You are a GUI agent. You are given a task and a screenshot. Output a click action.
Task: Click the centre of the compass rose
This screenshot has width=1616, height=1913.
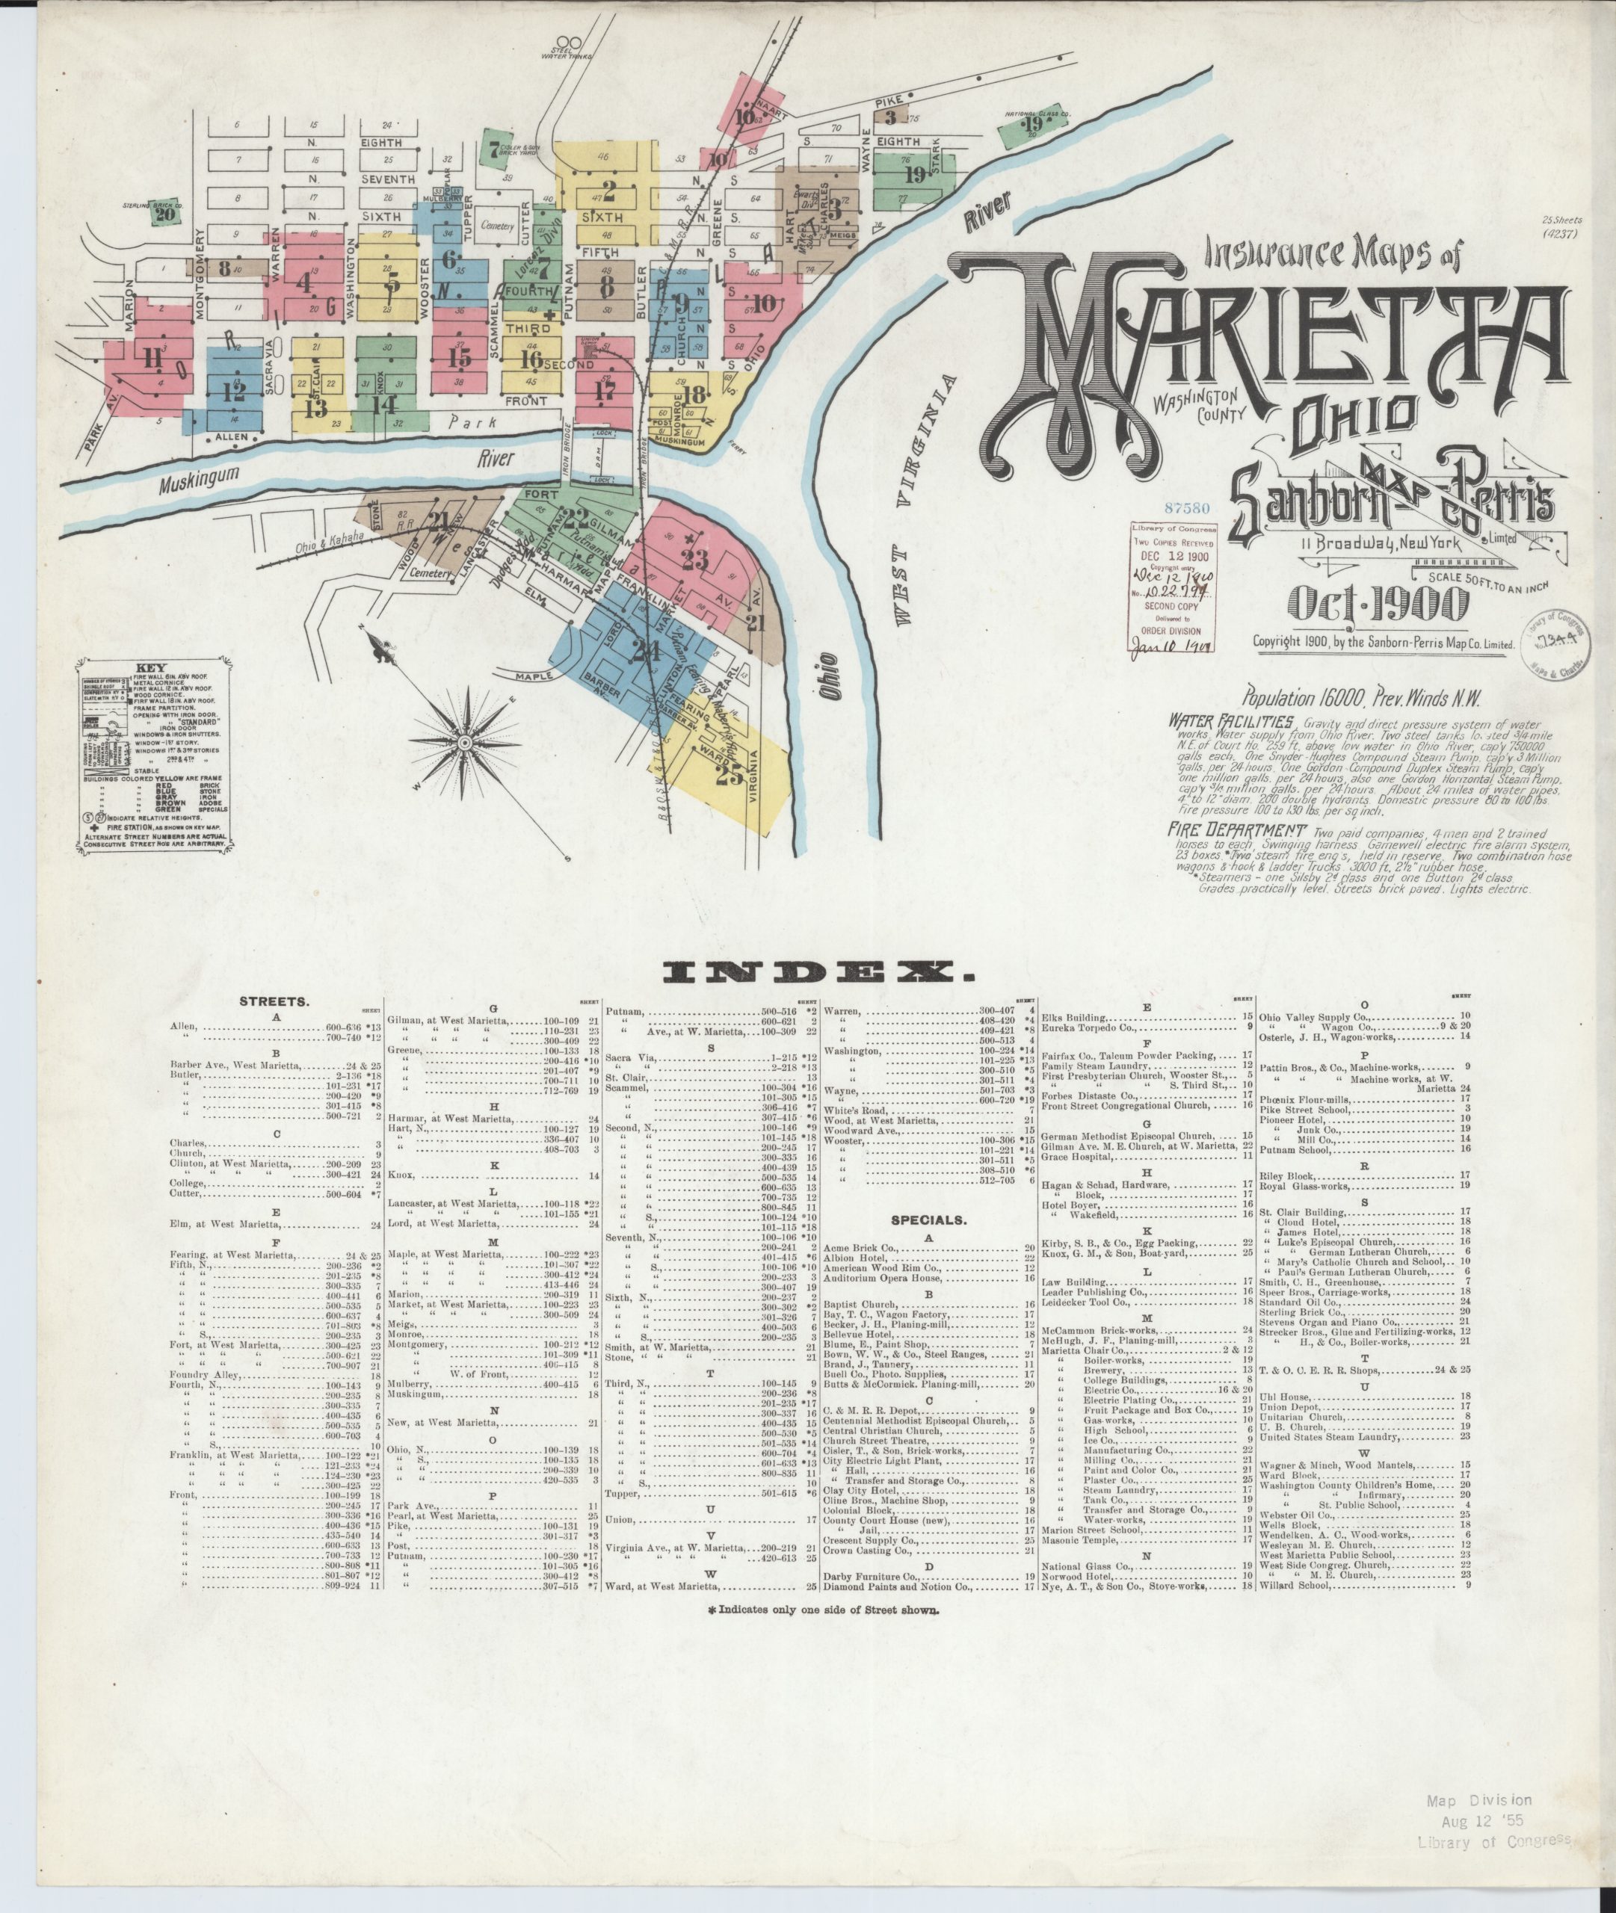click(463, 739)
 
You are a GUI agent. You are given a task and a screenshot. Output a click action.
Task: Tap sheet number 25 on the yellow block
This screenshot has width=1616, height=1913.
click(730, 775)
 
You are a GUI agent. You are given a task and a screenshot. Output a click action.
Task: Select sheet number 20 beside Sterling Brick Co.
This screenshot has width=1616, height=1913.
click(165, 214)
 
